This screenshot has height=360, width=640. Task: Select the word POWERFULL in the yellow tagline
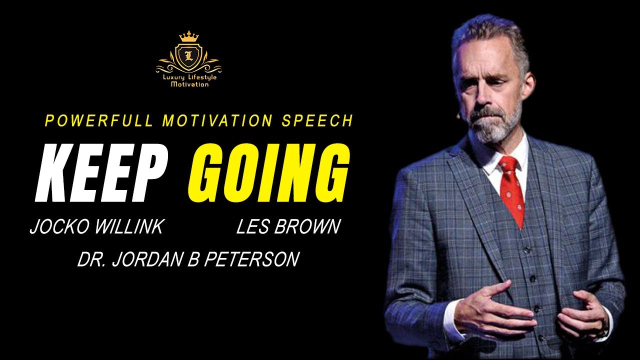click(99, 121)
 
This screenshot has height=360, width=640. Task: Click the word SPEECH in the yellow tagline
click(317, 121)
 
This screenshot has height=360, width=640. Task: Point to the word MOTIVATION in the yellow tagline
click(217, 121)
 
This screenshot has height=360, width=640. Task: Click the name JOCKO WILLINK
click(96, 227)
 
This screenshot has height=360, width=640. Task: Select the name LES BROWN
click(288, 227)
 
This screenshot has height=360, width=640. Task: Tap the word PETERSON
click(251, 259)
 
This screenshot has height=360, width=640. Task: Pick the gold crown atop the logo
click(189, 36)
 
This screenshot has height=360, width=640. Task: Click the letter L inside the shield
click(188, 55)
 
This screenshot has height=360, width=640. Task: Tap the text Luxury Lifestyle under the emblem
click(189, 77)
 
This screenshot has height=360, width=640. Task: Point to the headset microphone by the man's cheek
click(458, 115)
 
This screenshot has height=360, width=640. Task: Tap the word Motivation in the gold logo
click(189, 84)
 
